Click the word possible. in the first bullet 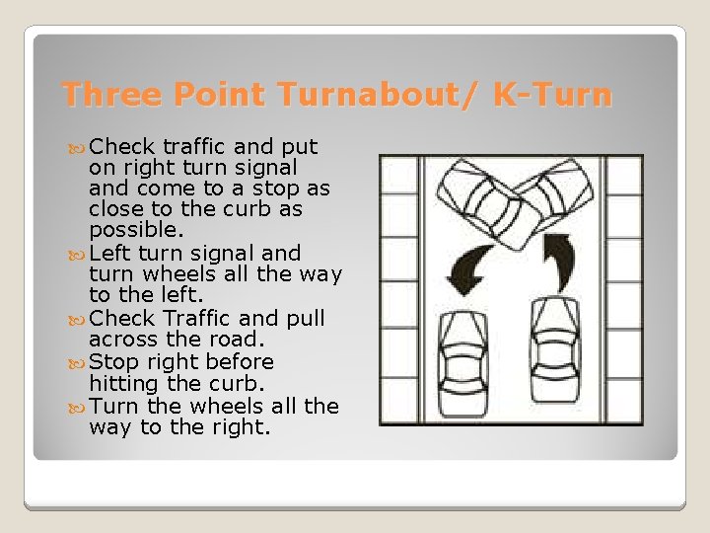point(136,230)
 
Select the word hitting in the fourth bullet point(121,383)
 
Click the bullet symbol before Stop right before point(80,362)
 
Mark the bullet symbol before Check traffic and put point(80,147)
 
